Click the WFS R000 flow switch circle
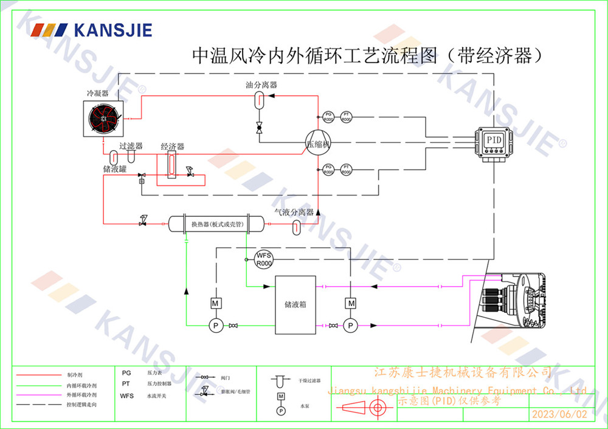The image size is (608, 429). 264,259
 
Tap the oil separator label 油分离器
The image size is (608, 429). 261,85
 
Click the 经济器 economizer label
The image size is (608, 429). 172,147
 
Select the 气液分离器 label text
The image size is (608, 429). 294,212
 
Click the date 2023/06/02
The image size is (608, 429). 559,414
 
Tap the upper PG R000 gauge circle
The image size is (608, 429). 328,117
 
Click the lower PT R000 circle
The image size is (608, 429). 346,170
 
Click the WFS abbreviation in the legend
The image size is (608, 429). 126,396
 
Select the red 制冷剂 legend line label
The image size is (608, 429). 74,376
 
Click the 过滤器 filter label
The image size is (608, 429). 131,146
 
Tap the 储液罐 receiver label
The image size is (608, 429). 114,169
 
